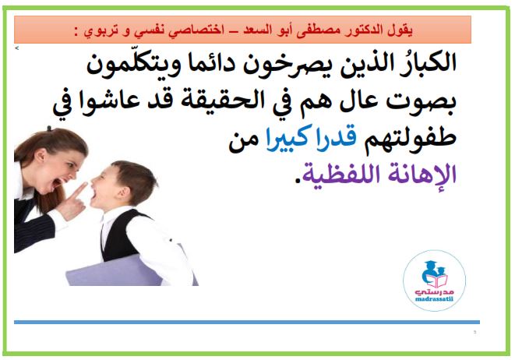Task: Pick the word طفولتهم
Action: [x=410, y=139]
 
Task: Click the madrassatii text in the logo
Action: [x=434, y=299]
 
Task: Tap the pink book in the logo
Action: [x=436, y=281]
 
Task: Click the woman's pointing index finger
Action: [x=79, y=190]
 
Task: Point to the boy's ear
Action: [x=122, y=194]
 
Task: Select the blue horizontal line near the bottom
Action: [x=247, y=323]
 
